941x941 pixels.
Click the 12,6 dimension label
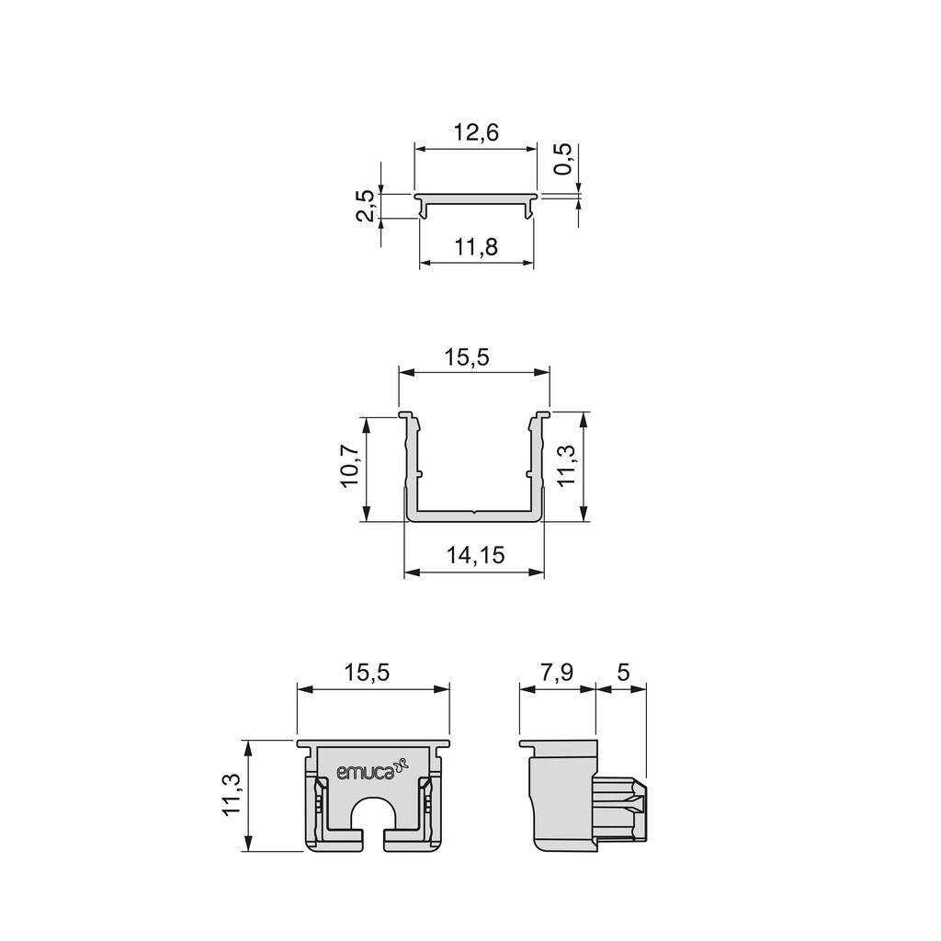tap(476, 132)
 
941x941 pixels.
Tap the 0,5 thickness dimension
tap(564, 159)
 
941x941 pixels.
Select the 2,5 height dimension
tap(366, 206)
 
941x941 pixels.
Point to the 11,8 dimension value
tap(476, 246)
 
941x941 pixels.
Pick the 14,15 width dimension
tap(475, 555)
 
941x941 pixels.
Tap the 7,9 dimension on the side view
tap(556, 672)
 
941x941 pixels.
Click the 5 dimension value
tap(623, 672)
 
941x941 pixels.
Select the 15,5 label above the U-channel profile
tap(467, 357)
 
